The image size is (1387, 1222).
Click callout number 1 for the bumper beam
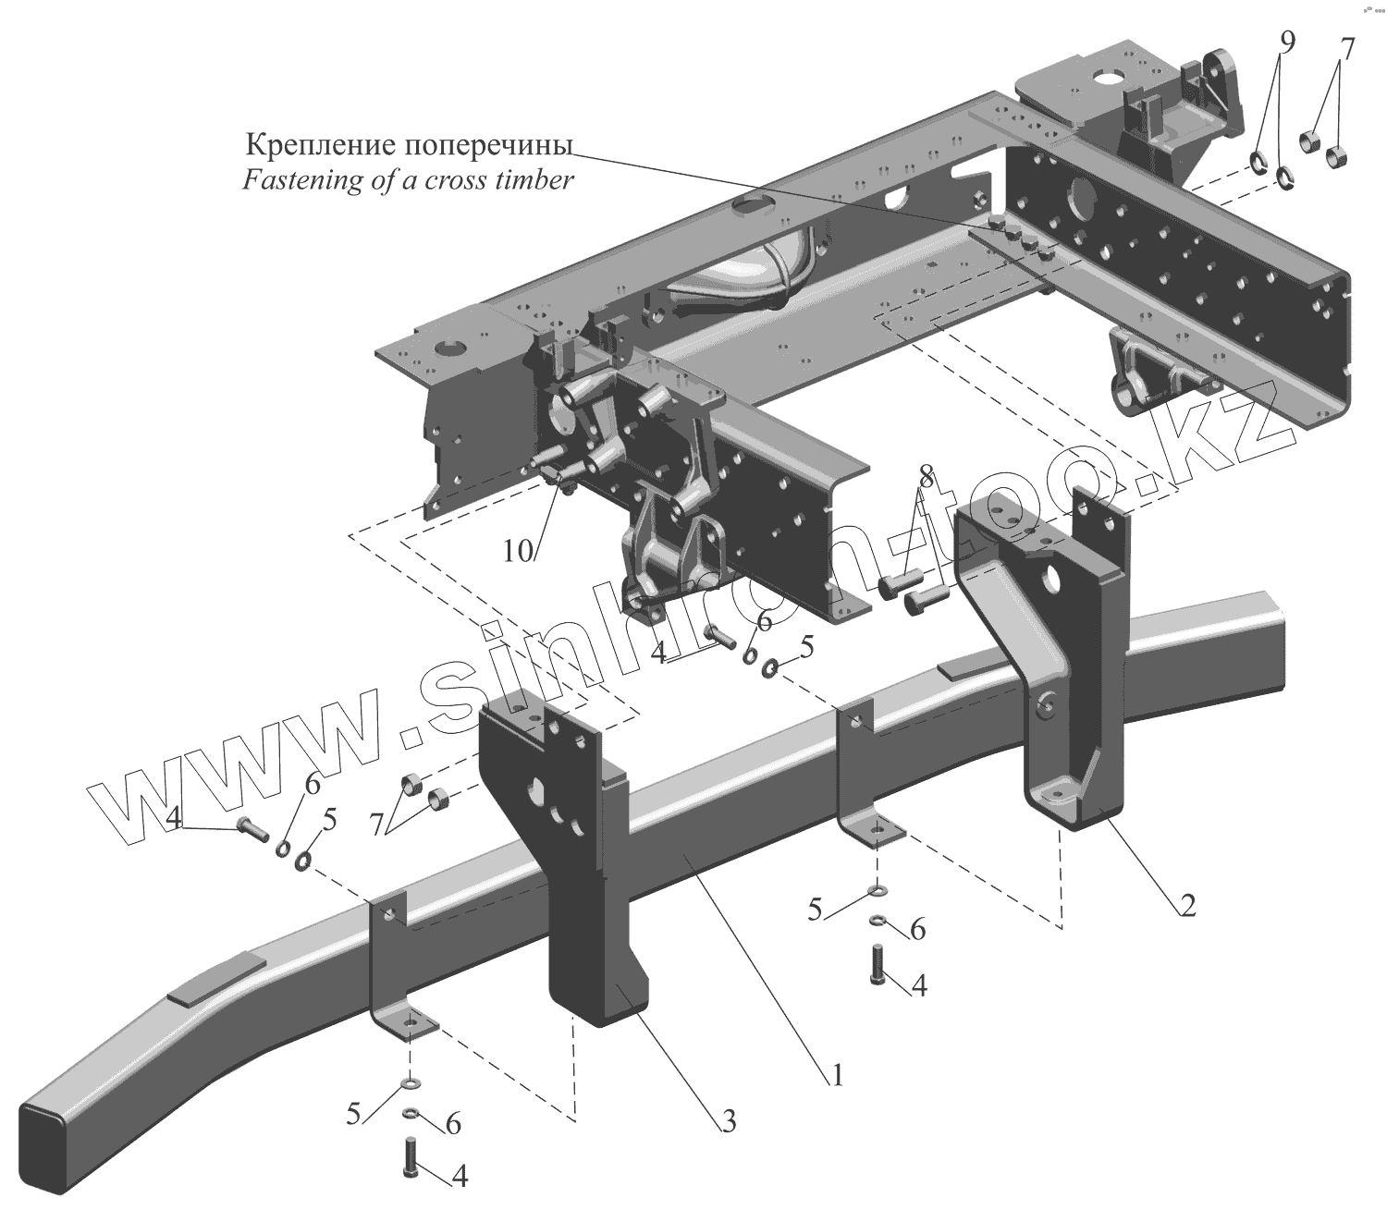(x=836, y=1076)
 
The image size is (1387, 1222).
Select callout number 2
(x=1187, y=905)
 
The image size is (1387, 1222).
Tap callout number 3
(x=729, y=1122)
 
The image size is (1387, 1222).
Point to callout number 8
(x=927, y=475)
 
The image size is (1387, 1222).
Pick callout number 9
(x=1288, y=42)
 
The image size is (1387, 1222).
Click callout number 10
(x=519, y=552)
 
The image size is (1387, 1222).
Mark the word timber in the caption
(x=534, y=179)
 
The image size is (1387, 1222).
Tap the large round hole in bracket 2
(x=1049, y=580)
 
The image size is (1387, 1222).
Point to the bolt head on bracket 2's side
(x=1046, y=707)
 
